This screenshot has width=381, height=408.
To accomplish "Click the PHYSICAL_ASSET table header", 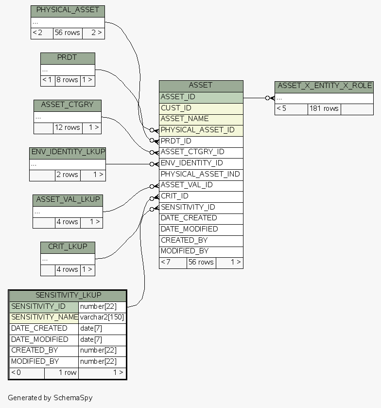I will (x=68, y=10).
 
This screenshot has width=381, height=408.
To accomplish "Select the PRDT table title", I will (x=68, y=57).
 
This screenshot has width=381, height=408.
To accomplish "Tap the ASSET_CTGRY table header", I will (x=67, y=105).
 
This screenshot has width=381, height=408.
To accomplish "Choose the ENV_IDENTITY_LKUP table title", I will (x=68, y=152).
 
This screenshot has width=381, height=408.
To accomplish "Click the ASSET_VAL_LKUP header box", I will (x=68, y=199).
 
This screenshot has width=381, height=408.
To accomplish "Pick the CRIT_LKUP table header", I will (x=68, y=247).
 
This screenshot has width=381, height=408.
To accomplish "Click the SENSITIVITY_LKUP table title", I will (x=68, y=295).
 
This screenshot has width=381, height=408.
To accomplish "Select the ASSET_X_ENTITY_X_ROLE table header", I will (x=324, y=86).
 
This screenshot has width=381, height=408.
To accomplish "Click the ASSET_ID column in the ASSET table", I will (x=201, y=97).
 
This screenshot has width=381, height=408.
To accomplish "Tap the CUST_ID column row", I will (x=201, y=108).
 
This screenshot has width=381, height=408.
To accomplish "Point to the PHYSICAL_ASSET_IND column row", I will (x=201, y=174).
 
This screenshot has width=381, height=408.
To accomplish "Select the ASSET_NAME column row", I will (x=201, y=119).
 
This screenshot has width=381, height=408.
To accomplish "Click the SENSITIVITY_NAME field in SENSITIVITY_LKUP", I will (x=44, y=318).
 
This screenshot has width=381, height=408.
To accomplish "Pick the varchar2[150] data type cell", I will (x=102, y=318).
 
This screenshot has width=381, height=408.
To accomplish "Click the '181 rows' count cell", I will (x=324, y=108).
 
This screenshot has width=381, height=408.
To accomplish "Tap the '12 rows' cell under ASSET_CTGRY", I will (x=67, y=127).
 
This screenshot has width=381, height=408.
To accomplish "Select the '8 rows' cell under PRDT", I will (x=67, y=80).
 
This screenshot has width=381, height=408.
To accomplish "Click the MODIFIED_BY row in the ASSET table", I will (x=201, y=251).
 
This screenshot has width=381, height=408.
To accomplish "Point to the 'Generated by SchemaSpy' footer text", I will (x=50, y=398).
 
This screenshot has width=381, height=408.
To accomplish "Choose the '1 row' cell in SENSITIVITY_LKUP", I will (x=61, y=373).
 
